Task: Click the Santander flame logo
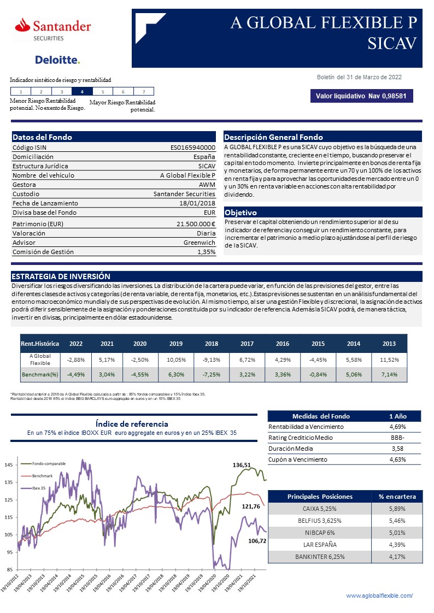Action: [22, 25]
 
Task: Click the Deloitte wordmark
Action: [57, 60]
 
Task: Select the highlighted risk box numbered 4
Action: [82, 92]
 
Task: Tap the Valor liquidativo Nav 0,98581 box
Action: [360, 96]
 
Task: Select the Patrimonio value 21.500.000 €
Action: [196, 223]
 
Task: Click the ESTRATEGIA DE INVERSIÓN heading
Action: [61, 276]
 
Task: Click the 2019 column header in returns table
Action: [175, 344]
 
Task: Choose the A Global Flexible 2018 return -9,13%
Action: [212, 360]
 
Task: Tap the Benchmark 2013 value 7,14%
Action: [390, 374]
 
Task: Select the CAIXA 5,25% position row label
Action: [319, 509]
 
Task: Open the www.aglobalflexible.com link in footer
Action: [379, 596]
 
